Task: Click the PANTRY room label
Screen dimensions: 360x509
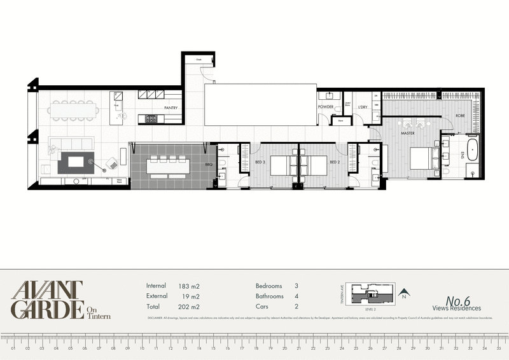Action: click(171, 108)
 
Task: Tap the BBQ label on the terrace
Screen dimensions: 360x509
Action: click(208, 165)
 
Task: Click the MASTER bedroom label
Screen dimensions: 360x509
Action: click(408, 134)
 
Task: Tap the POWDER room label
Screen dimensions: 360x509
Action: click(326, 107)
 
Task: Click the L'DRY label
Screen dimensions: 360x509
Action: click(363, 107)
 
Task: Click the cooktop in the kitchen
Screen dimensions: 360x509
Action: click(151, 118)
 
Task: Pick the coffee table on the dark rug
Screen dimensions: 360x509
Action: click(76, 162)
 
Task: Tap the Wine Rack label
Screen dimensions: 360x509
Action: click(118, 181)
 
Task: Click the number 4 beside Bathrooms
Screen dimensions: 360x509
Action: click(296, 296)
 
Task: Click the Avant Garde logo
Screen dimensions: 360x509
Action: click(48, 299)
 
